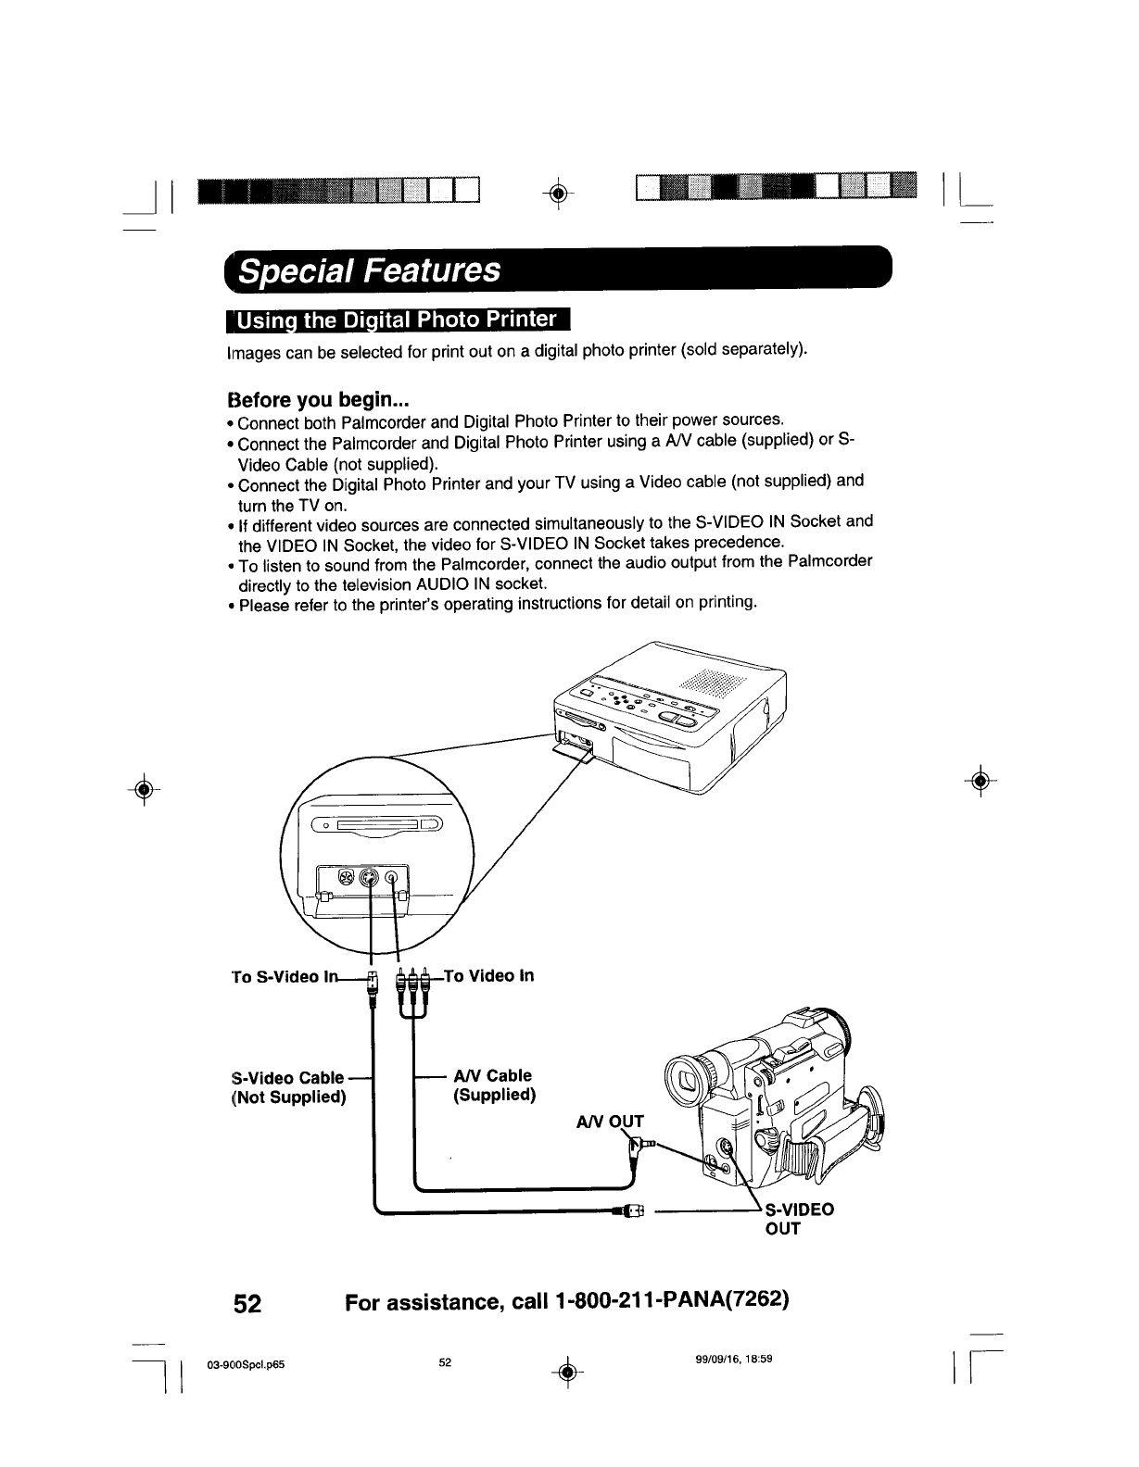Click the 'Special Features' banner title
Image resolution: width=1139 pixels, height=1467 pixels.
tap(370, 270)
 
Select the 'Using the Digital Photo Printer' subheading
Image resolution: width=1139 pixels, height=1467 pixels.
tap(398, 320)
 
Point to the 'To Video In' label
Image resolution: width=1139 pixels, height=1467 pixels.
tap(489, 975)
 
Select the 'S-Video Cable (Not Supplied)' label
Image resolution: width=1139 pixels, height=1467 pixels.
tap(288, 1087)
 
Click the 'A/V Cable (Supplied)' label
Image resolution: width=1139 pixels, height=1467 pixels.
tap(491, 1085)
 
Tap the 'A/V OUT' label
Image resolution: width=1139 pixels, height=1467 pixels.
tap(609, 1122)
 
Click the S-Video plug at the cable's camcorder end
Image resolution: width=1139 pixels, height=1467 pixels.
tap(627, 1210)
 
